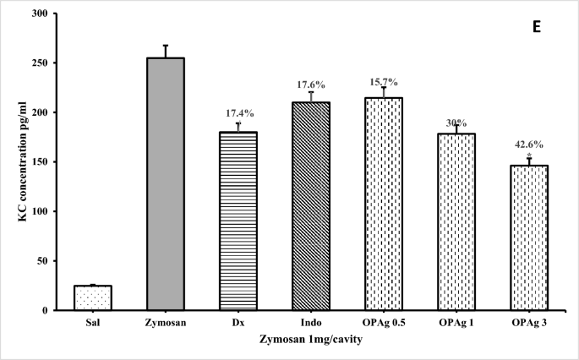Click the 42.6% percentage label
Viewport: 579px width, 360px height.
pyautogui.click(x=529, y=145)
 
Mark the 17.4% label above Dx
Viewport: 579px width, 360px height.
pyautogui.click(x=238, y=112)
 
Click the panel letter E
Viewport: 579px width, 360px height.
pyautogui.click(x=535, y=26)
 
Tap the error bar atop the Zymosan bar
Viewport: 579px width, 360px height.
pyautogui.click(x=166, y=51)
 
